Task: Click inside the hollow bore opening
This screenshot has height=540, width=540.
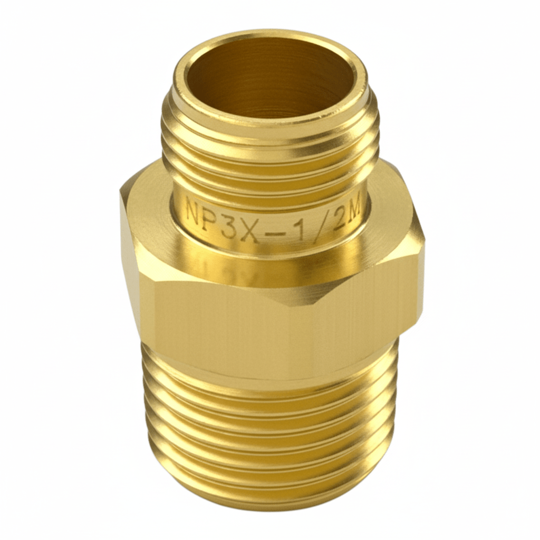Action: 270,79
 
